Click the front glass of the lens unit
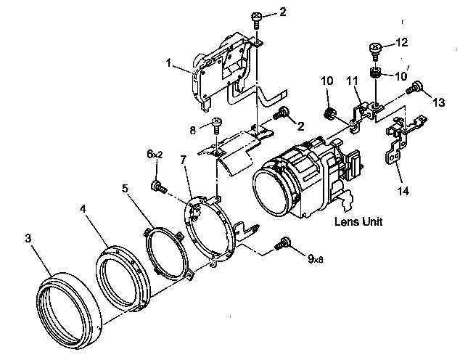(271, 193)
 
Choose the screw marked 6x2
(157, 186)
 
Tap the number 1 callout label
(168, 63)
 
